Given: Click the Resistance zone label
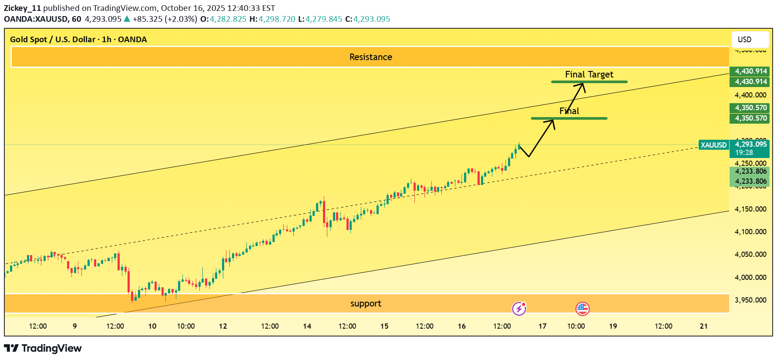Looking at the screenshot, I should coord(370,57).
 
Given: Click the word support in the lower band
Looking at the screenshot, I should coord(366,303).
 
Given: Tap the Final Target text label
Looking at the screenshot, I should coord(589,74).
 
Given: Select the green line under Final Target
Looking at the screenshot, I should coord(589,82).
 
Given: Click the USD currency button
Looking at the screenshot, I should coord(750,39).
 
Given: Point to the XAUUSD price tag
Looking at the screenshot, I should coord(713,145).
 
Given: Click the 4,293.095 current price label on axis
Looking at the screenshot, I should coord(751,144).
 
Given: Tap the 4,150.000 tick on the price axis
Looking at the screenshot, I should coord(750,209).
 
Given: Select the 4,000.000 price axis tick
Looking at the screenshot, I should coord(750,277).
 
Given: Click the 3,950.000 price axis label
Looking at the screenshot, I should coord(750,300).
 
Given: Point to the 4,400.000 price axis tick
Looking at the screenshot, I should coord(750,95).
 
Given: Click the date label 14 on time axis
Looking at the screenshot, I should coord(307,326).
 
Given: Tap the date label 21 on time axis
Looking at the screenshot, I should coord(703,326).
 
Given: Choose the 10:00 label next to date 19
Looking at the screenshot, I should coord(576,326).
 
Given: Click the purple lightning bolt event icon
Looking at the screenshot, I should coord(519,309).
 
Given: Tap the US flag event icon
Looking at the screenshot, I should coord(582,309).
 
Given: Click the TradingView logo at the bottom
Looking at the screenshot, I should coord(43,348).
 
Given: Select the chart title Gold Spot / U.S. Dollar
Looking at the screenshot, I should coord(53,39).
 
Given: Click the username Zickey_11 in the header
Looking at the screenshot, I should coord(23,8).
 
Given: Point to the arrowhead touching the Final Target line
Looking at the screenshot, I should coord(582,85).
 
